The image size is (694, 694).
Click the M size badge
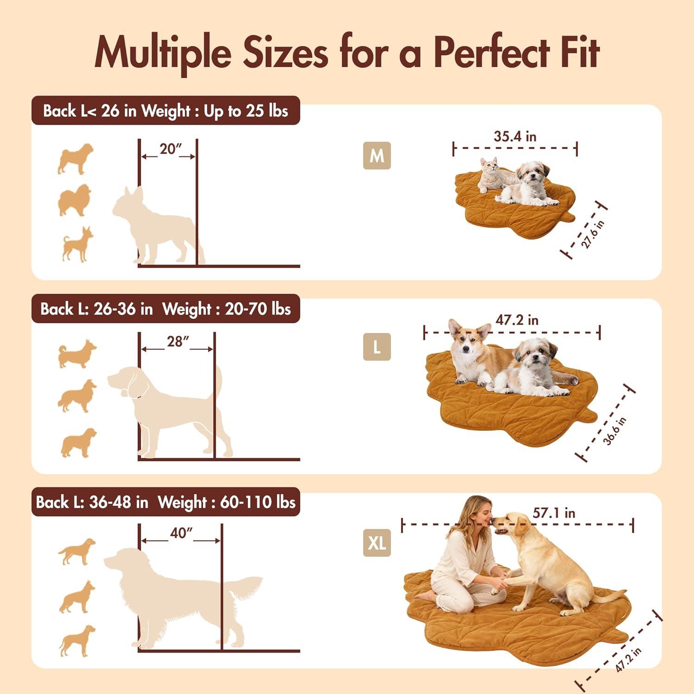[x=377, y=155]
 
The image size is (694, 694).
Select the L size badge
[x=377, y=347]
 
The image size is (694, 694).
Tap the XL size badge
[x=377, y=542]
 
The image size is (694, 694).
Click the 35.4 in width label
[x=514, y=136]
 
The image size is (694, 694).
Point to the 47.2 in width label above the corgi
[x=517, y=320]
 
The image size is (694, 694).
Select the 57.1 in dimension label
[x=554, y=513]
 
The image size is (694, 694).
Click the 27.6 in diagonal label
[x=592, y=234]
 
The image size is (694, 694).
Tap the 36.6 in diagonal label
[x=614, y=431]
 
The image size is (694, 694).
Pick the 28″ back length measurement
[x=178, y=341]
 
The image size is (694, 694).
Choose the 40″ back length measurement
[x=181, y=533]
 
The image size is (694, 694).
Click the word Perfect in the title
[x=491, y=52]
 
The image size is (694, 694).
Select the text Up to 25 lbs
[x=246, y=111]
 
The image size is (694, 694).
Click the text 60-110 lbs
[x=257, y=502]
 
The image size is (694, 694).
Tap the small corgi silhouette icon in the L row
[x=77, y=354]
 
